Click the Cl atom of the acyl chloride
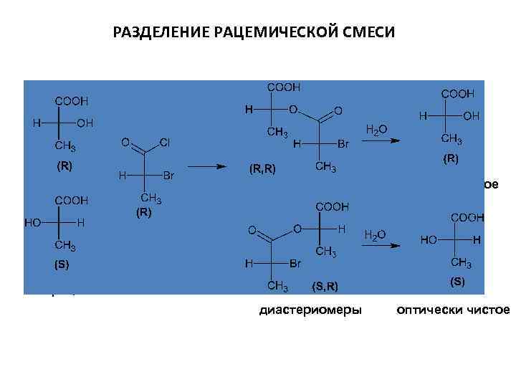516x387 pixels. click(x=164, y=143)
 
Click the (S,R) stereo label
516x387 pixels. click(x=325, y=287)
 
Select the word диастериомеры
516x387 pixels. click(x=310, y=310)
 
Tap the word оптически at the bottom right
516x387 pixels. click(x=426, y=310)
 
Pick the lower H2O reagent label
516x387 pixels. click(x=376, y=234)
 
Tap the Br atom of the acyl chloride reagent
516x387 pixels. click(x=171, y=176)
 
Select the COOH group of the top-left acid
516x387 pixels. click(x=72, y=101)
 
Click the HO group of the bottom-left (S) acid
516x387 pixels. click(x=33, y=222)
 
